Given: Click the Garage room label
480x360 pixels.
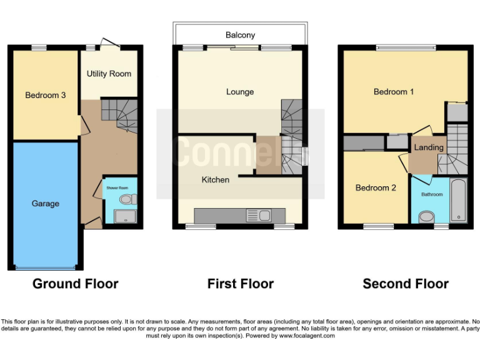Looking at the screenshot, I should click(x=46, y=204).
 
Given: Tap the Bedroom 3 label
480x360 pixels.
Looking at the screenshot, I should click(x=46, y=96).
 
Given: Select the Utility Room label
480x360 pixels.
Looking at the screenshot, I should click(x=109, y=74).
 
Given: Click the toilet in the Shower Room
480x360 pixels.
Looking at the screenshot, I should click(x=128, y=199).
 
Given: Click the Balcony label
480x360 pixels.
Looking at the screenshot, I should click(x=240, y=35).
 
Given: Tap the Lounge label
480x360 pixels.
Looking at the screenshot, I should click(x=240, y=92).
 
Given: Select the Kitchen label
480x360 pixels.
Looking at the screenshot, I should click(x=215, y=180).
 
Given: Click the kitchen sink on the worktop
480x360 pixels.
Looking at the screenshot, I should click(x=264, y=216).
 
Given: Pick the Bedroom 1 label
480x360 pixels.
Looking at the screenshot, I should click(x=394, y=92).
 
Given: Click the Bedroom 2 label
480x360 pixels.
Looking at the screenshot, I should click(x=376, y=187).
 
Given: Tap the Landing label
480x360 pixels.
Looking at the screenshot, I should click(x=429, y=147).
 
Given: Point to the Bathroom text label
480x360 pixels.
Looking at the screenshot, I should click(x=431, y=194).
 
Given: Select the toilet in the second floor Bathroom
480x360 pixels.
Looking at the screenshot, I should click(x=427, y=217).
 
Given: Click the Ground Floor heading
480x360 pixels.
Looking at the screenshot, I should click(x=75, y=284).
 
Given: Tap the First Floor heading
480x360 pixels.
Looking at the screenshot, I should click(x=240, y=284).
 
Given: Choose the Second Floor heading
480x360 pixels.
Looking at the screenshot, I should click(x=406, y=284).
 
